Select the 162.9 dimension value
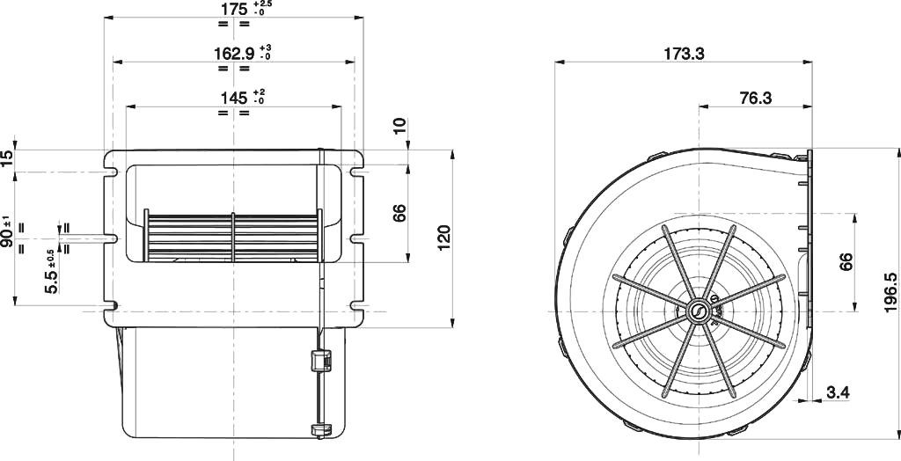pyautogui.click(x=234, y=54)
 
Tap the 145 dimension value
pyautogui.click(x=234, y=99)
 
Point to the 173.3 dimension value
pyautogui.click(x=684, y=54)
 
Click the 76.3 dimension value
pyautogui.click(x=756, y=99)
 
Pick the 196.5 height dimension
pyautogui.click(x=891, y=293)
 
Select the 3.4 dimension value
pyautogui.click(x=838, y=392)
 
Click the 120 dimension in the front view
pyautogui.click(x=444, y=238)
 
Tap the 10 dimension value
pyautogui.click(x=400, y=126)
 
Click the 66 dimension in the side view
pyautogui.click(x=846, y=261)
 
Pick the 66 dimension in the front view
pyautogui.click(x=400, y=213)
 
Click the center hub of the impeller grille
pyautogui.click(x=699, y=312)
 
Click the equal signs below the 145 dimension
pyautogui.click(x=234, y=113)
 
